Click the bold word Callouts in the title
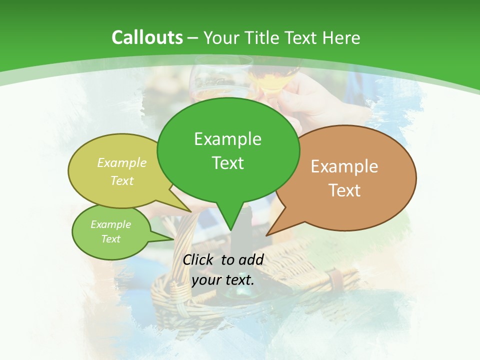tap(147, 37)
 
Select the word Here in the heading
tap(340, 37)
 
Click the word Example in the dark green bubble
tap(227, 139)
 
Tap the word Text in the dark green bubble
tap(227, 163)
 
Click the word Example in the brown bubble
tap(344, 166)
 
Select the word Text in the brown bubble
tap(344, 190)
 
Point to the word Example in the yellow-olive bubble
tap(122, 163)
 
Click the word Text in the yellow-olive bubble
tap(122, 180)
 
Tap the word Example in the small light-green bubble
tap(110, 224)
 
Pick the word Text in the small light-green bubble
tap(110, 239)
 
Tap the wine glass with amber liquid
tap(270, 80)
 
